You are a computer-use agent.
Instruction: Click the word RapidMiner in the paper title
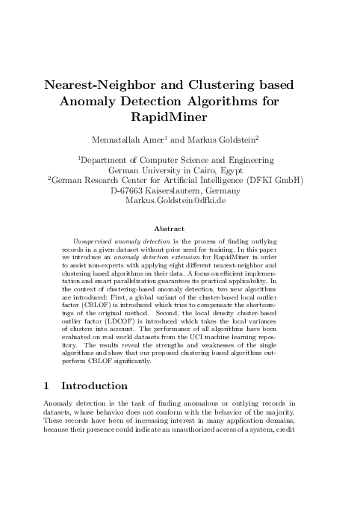coord(179,117)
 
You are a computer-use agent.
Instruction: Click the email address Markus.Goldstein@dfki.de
coord(180,201)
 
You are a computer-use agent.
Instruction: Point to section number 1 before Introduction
coord(46,385)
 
